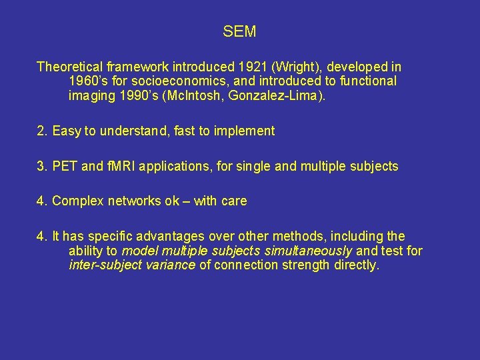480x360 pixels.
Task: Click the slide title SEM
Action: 239,31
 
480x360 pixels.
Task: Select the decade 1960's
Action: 87,81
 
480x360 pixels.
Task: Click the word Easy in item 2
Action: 67,131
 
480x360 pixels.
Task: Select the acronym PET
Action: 65,166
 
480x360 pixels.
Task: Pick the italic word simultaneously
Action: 313,251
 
